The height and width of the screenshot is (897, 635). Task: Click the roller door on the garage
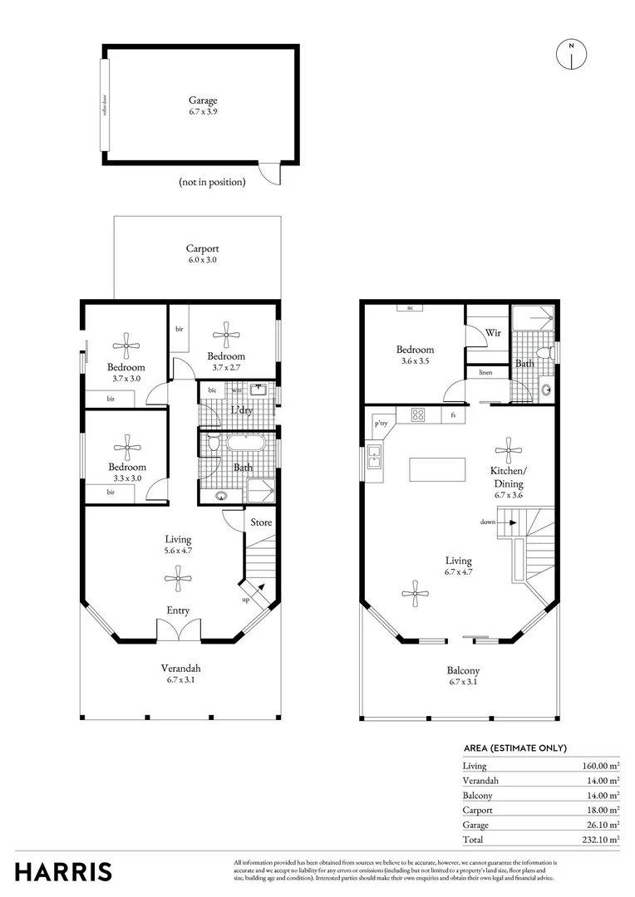(x=104, y=105)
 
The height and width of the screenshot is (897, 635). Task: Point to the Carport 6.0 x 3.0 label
(x=202, y=253)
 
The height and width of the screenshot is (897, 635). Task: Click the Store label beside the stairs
(x=262, y=522)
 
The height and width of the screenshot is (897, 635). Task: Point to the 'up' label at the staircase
(x=246, y=599)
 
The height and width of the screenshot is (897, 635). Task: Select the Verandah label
(x=180, y=673)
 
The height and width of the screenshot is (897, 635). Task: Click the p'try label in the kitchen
(x=381, y=423)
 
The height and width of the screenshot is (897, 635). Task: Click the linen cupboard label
(x=485, y=373)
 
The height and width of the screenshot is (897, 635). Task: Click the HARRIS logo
(x=63, y=871)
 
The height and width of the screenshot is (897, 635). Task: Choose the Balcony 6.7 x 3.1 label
(x=463, y=676)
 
